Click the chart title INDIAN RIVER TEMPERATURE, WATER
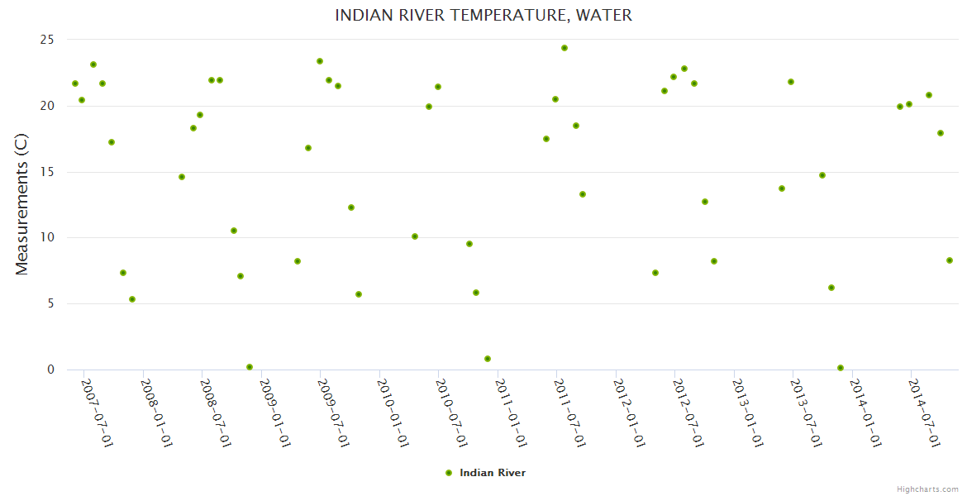pos(483,16)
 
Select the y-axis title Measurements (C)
pos(22,204)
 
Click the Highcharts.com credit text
pos(927,489)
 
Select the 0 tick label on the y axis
pos(50,370)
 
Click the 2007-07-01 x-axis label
pos(97,413)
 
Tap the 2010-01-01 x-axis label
pos(393,413)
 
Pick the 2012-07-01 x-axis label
pos(688,413)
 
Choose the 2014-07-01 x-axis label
pos(924,413)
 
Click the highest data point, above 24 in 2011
pos(564,48)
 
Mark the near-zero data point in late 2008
pos(250,367)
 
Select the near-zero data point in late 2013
pos(841,368)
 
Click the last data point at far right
pos(950,260)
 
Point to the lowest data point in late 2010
pos(488,359)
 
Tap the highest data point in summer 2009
pos(320,61)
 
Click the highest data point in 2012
pos(684,69)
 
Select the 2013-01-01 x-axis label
pos(747,413)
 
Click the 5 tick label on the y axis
pos(50,303)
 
